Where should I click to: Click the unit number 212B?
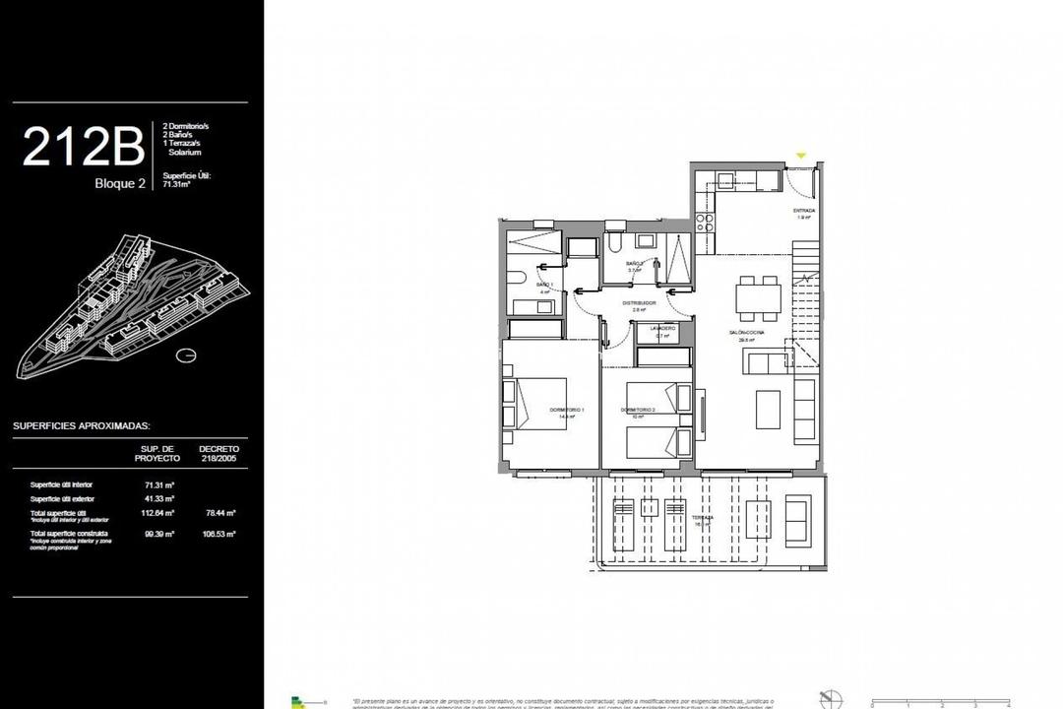click(83, 148)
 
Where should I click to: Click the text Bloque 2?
click(120, 184)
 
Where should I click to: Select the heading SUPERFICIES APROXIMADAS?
click(81, 426)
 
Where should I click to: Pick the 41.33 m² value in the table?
click(158, 499)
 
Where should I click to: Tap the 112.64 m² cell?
click(158, 513)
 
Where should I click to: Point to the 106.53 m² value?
click(219, 534)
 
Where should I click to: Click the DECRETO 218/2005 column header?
click(219, 454)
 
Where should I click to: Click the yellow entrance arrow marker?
click(800, 156)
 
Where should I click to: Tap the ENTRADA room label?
click(804, 211)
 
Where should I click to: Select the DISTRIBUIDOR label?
click(638, 303)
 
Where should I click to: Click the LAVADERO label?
click(661, 328)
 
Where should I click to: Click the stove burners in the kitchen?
click(705, 222)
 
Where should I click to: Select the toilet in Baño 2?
click(613, 241)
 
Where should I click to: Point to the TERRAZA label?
click(702, 518)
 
